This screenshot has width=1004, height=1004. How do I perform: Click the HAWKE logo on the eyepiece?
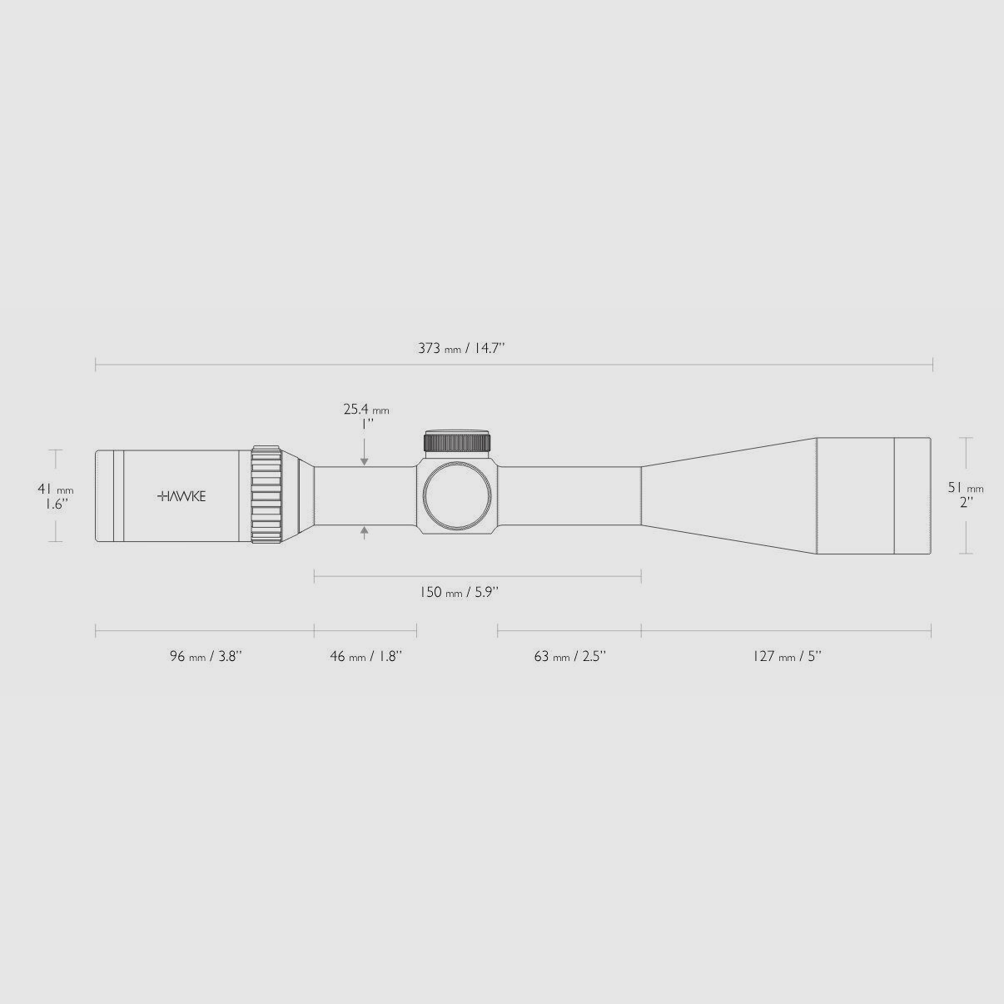point(181,497)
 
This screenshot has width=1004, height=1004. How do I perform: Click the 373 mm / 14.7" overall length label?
point(461,348)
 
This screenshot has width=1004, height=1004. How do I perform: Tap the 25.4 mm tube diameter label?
point(365,410)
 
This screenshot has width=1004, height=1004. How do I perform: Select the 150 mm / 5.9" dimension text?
point(459,593)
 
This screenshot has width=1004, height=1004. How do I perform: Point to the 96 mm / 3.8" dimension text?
point(206,656)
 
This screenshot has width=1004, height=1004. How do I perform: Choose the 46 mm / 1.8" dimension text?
point(365,656)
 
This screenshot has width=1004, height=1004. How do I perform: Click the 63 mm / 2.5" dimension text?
point(569,656)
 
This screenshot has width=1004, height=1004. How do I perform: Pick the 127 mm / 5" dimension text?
point(787,656)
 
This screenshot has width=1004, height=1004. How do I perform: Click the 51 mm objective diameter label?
point(966,488)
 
